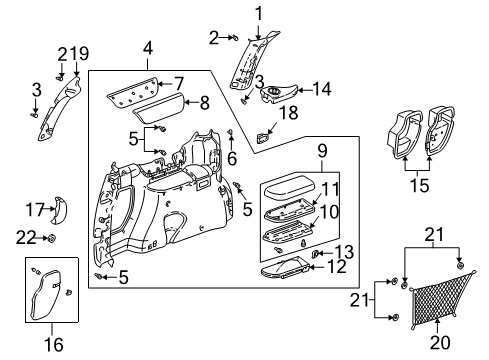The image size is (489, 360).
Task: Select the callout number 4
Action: (148, 48)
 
